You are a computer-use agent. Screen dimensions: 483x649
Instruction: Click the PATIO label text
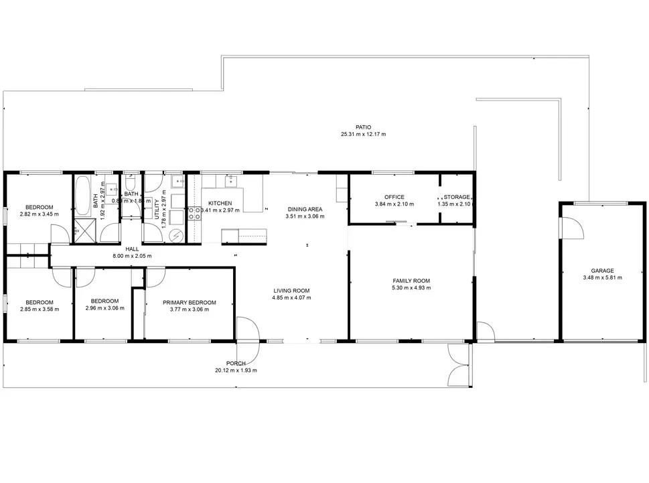[363, 127]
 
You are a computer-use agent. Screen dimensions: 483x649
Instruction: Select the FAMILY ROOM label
[411, 281]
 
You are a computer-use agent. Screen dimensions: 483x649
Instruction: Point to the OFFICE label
[394, 197]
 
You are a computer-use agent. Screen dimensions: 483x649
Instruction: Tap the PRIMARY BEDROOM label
[190, 302]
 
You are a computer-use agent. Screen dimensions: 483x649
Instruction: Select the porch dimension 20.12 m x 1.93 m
[236, 370]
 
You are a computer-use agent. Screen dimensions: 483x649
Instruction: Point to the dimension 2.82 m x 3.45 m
[38, 214]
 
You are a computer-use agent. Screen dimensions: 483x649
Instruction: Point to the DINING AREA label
[305, 209]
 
